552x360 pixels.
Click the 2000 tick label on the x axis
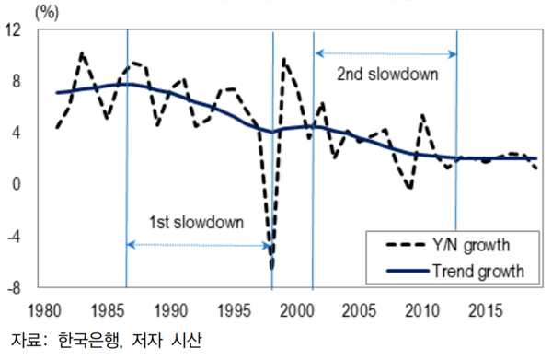point(297,311)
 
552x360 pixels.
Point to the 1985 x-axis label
point(108,311)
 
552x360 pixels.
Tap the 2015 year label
point(486,311)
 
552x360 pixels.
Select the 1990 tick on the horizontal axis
point(171,311)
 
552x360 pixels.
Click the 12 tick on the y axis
point(13,30)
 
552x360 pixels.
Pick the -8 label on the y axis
point(14,288)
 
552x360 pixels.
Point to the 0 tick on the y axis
point(17,184)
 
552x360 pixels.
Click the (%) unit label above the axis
point(47,13)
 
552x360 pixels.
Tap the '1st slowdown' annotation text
point(196,222)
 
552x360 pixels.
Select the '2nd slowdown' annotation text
point(387,75)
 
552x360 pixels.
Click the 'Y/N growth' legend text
point(471,245)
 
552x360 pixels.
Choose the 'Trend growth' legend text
point(478,272)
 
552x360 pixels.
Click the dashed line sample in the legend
point(406,245)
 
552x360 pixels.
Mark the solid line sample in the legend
point(408,271)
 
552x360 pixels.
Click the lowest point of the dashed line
point(272,269)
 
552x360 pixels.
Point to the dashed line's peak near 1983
point(82,53)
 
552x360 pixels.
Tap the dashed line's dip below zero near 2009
point(409,189)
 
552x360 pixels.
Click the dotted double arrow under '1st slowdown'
point(199,245)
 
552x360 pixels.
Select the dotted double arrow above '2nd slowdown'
point(386,53)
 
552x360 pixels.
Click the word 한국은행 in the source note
point(89,341)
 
